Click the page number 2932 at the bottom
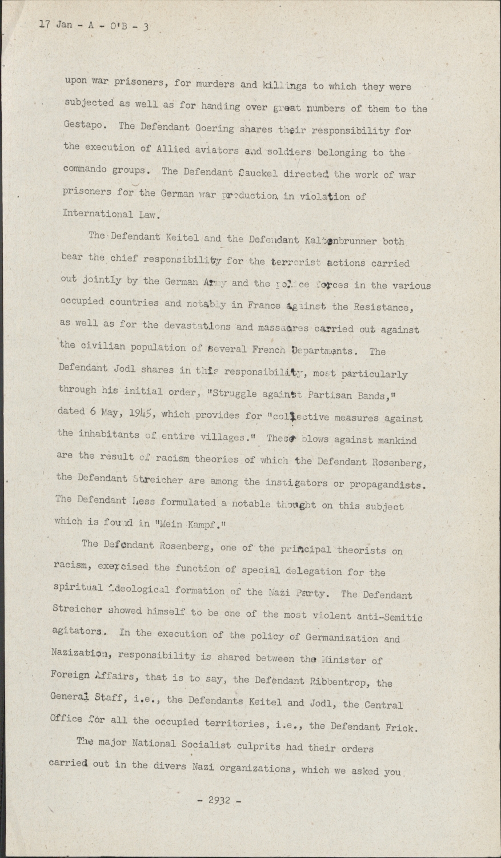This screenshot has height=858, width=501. [219, 800]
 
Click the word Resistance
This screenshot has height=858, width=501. [380, 307]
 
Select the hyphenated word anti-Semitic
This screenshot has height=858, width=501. [384, 617]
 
